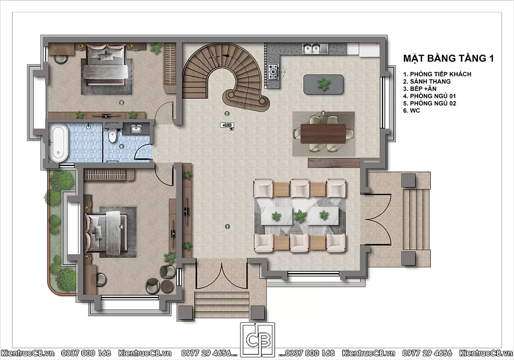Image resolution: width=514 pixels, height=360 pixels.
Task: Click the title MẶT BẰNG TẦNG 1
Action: (448, 58)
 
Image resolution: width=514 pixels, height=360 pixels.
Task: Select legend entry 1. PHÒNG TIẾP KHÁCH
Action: (437, 74)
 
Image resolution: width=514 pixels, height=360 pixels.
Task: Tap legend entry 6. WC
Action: (412, 111)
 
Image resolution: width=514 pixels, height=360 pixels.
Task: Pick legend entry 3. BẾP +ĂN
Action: (420, 89)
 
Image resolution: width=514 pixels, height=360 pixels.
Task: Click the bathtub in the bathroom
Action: (58, 142)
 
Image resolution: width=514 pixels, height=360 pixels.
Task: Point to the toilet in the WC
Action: (112, 136)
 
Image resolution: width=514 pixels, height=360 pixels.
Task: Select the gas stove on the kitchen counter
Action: (273, 72)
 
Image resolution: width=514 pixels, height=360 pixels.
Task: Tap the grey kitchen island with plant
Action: (323, 84)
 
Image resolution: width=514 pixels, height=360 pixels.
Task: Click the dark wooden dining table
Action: (323, 134)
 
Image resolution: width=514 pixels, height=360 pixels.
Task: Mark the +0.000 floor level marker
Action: (227, 125)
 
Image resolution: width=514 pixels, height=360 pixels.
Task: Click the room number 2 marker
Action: (227, 114)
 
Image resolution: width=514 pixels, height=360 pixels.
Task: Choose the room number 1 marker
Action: (227, 227)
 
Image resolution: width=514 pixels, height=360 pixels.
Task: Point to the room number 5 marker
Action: (122, 102)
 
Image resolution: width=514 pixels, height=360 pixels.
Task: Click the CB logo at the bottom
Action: (257, 340)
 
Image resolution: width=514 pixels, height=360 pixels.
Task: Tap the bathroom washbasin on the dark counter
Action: (136, 129)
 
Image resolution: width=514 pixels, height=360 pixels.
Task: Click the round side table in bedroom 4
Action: (167, 286)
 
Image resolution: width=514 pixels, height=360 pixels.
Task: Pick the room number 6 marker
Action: (122, 146)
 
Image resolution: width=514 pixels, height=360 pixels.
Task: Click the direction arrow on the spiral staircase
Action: (226, 56)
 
